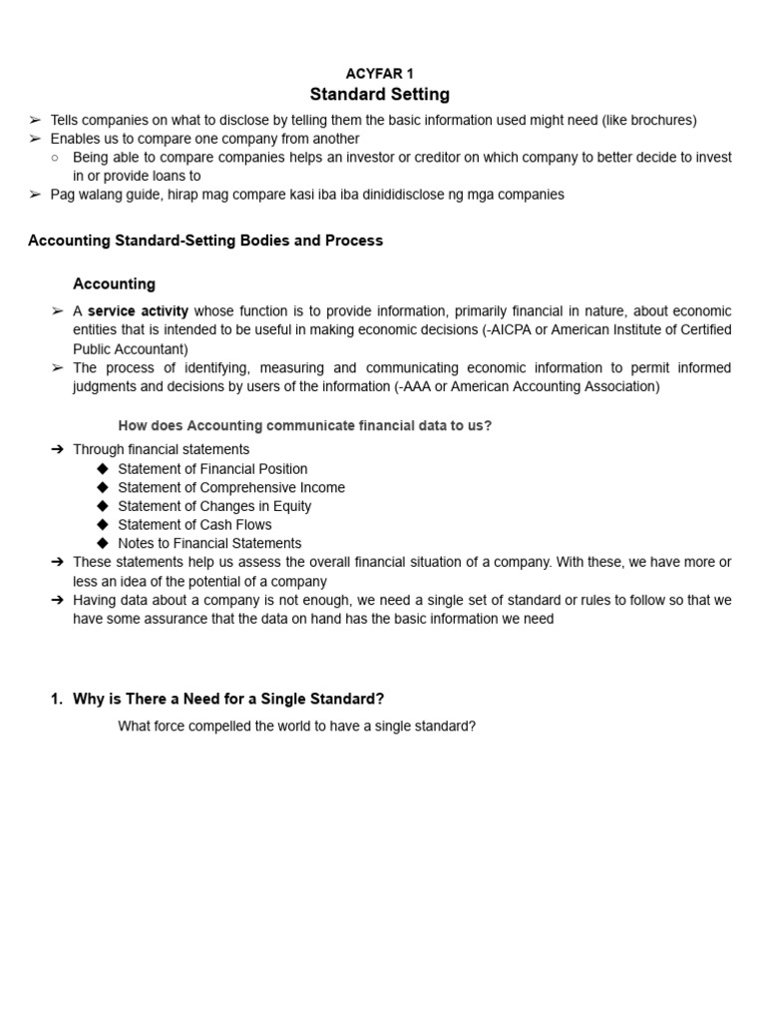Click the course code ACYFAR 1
(x=379, y=74)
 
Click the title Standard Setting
(x=379, y=95)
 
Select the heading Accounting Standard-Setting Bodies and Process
(x=205, y=241)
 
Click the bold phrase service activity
(x=138, y=311)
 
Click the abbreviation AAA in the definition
(x=417, y=387)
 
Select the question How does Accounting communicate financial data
(x=304, y=426)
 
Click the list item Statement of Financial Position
(x=212, y=469)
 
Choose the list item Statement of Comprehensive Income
(x=231, y=488)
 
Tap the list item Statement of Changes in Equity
(x=214, y=506)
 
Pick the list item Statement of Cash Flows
(x=194, y=525)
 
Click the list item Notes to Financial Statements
(x=209, y=544)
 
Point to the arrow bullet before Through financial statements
(x=57, y=450)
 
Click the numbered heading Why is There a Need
(x=228, y=699)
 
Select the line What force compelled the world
(x=296, y=727)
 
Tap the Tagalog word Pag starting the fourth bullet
(x=62, y=195)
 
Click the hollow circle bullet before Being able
(x=57, y=158)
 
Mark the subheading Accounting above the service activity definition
(x=114, y=284)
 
